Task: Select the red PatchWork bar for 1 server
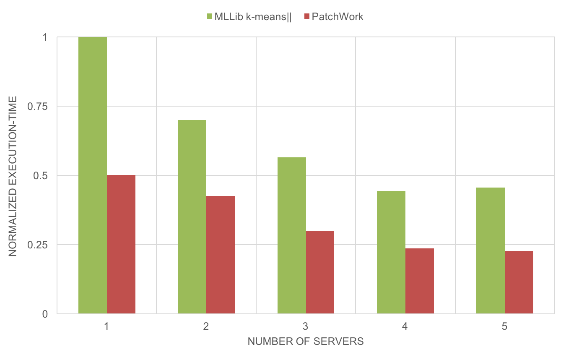pos(121,244)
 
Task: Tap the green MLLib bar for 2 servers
pos(192,217)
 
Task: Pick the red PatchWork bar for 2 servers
pos(221,255)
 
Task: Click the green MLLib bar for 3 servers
pos(292,235)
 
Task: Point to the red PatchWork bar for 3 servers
pos(320,272)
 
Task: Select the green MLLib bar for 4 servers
pos(391,252)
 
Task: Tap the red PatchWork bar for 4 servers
pos(420,281)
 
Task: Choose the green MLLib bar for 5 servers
pos(491,250)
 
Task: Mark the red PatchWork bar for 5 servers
pos(519,282)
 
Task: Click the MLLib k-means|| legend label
pos(253,17)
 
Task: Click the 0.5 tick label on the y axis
pos(41,175)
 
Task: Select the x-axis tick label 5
pos(505,326)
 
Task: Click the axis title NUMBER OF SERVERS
pos(306,342)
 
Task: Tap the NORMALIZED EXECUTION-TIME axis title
pos(13,175)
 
